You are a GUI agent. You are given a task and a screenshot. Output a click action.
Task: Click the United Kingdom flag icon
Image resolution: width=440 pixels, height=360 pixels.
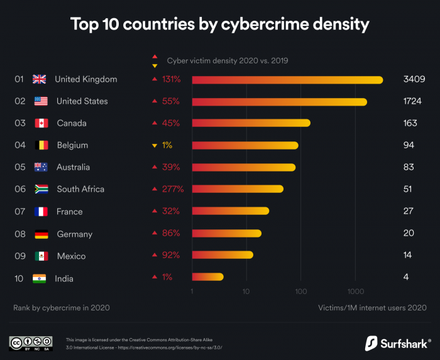[x=40, y=79]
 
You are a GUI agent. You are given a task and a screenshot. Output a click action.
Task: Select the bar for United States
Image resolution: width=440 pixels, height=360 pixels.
[x=279, y=101]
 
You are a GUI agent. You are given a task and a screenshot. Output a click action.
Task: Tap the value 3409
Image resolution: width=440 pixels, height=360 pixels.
[x=414, y=79]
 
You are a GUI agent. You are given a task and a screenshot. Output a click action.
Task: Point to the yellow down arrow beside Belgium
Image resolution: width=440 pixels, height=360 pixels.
[x=154, y=146]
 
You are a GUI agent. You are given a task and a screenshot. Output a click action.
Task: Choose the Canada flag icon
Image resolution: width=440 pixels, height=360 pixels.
[x=41, y=123]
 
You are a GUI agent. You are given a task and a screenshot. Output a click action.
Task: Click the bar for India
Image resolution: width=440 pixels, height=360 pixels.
[x=207, y=277]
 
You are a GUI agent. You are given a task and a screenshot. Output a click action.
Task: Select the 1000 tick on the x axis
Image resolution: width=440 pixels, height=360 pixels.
[x=356, y=292]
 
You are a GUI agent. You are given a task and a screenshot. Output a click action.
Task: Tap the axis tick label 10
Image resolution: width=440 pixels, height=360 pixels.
[x=246, y=292]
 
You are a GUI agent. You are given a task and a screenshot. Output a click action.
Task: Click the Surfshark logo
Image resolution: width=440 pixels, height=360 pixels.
[x=397, y=343]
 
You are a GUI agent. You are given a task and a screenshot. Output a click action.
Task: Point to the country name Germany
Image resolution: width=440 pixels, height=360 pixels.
[x=74, y=234]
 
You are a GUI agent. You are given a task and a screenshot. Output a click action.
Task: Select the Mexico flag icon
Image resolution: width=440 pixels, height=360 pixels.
[x=41, y=256]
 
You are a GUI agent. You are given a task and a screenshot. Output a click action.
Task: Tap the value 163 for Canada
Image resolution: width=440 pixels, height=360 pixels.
[x=410, y=123]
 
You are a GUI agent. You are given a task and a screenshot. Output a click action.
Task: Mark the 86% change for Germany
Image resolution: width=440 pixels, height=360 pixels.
[x=171, y=233]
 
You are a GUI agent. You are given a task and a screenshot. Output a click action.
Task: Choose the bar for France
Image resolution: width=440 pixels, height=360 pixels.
[x=230, y=211]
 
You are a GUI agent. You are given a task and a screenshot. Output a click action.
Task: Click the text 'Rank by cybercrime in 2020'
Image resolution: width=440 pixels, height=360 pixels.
[x=62, y=308]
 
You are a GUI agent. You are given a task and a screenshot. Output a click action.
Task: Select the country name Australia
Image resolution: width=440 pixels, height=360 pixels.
[x=73, y=167]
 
